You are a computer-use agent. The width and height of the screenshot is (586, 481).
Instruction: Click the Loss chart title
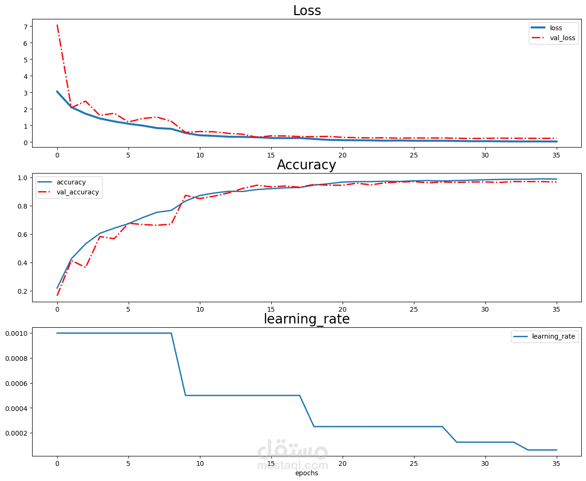307,10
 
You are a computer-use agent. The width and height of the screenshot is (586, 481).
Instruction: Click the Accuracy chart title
306,165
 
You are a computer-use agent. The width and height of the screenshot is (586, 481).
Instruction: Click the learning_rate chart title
306,319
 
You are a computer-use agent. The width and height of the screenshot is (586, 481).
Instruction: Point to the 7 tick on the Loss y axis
25,26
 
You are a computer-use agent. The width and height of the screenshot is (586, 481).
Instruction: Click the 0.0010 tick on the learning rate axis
16,333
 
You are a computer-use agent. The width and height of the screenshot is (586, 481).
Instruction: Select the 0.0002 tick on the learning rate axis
16,433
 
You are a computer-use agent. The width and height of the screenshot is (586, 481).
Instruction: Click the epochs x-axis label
306,473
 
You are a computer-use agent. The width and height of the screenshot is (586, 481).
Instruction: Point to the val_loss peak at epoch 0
57,25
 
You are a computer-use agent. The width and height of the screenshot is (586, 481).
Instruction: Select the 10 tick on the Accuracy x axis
200,309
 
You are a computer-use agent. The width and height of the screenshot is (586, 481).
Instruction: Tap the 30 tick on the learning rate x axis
485,464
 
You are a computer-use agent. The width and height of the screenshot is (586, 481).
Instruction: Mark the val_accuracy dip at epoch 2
86,267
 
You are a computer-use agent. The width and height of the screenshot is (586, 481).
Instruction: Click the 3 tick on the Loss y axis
25,93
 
